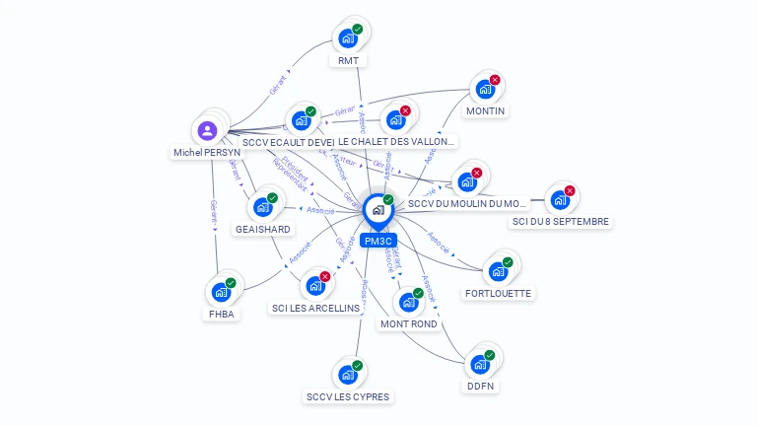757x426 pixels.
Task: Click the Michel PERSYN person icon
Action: tap(207, 130)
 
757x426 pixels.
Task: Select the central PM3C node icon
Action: tap(378, 209)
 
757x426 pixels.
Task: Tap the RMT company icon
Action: tap(347, 38)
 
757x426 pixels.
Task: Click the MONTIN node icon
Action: tap(484, 89)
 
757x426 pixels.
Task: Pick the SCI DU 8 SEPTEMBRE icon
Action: tap(559, 199)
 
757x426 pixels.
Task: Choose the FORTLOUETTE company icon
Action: tap(498, 271)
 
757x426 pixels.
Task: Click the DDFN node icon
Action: tap(479, 364)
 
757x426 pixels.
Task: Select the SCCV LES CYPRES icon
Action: tap(347, 375)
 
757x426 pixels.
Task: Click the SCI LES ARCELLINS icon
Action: tap(315, 286)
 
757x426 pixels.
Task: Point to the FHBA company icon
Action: tap(220, 292)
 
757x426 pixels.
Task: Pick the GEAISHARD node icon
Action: tap(262, 207)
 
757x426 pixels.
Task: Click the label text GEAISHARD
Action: tap(262, 229)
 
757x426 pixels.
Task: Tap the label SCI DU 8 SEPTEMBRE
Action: tap(560, 222)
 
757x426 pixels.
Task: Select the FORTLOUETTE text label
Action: tap(498, 293)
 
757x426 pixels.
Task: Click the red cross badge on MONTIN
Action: tap(495, 80)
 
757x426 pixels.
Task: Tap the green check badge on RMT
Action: tap(358, 30)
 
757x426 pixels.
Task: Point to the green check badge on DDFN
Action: tap(490, 355)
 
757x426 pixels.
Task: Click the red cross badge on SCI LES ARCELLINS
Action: tap(325, 277)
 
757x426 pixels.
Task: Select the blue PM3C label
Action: tap(378, 241)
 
